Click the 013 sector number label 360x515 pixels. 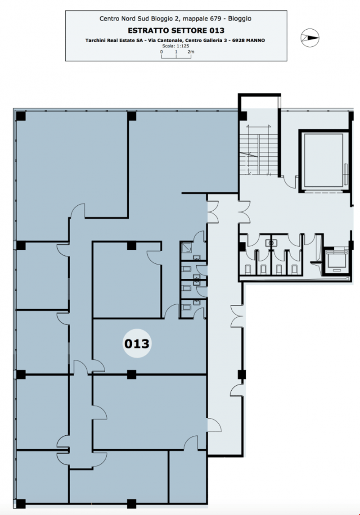coord(137,343)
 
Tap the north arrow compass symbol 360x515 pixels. coord(310,37)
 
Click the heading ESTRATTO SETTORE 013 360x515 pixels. coord(176,31)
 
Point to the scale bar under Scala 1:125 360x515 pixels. coord(176,56)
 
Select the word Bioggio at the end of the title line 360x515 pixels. coord(239,18)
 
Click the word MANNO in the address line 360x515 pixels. coord(255,41)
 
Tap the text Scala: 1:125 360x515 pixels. coord(175,46)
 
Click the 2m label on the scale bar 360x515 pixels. coord(191,52)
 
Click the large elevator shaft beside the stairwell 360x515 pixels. coord(323,161)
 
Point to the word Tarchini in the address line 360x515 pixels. coord(96,41)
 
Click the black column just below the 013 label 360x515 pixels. coord(131,375)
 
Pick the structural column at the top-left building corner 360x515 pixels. coord(21,116)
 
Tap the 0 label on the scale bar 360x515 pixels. coord(162,52)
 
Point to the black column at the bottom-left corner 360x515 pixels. coord(21,503)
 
